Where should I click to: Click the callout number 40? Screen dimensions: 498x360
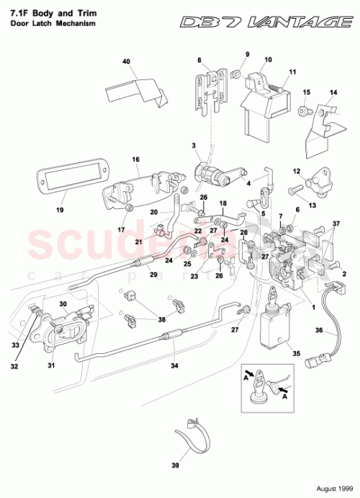point(126,63)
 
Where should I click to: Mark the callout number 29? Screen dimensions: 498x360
point(152,274)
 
